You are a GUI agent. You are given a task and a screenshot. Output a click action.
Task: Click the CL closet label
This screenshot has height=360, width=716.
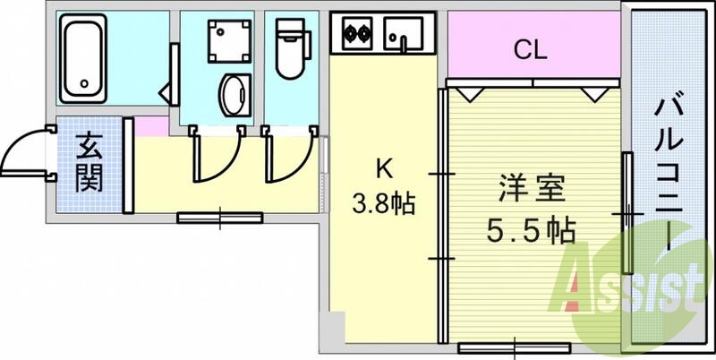pyautogui.click(x=530, y=50)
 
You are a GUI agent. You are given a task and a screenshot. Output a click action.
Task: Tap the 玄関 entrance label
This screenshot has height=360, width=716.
pyautogui.click(x=88, y=162)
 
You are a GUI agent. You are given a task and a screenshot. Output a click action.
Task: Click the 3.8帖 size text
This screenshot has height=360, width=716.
pyautogui.click(x=383, y=204)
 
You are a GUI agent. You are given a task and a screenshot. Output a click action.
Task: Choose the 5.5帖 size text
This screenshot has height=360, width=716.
pyautogui.click(x=530, y=231)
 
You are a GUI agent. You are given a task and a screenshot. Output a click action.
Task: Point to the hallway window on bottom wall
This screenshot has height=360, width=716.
pyautogui.click(x=219, y=217)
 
